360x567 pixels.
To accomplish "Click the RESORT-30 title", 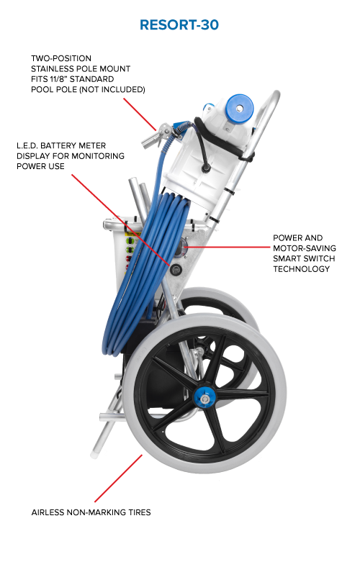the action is click(x=179, y=25).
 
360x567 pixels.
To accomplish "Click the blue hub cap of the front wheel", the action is click(x=204, y=398).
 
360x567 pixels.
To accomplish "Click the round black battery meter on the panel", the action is click(x=176, y=269).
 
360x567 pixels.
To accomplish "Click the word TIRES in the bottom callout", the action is click(x=139, y=512).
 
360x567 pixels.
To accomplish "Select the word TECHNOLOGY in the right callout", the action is click(x=302, y=269).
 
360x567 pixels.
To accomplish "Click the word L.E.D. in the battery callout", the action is click(x=27, y=146).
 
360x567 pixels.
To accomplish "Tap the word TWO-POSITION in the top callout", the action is click(x=61, y=58).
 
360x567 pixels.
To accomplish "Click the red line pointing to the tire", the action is click(x=118, y=478).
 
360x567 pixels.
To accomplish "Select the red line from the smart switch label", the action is click(x=228, y=248).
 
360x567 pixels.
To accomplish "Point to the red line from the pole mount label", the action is click(x=140, y=114).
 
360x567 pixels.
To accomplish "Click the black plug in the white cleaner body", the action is click(x=206, y=168).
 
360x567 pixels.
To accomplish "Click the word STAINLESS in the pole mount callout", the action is click(x=54, y=68).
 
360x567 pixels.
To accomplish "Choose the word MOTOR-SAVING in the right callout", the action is click(x=305, y=248).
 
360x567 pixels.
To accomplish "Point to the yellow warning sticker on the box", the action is click(x=132, y=234).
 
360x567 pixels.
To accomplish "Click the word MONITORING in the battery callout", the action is click(x=98, y=156).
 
